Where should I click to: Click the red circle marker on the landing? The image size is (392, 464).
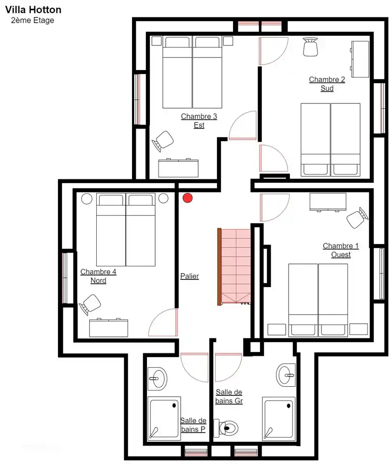point(188,197)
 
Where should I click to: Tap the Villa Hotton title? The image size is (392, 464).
point(33,10)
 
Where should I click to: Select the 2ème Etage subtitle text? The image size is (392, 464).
point(32,20)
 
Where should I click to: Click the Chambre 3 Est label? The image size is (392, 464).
point(199,121)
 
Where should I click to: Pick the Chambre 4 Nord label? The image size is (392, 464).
point(98,276)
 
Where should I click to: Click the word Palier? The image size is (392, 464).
point(189,276)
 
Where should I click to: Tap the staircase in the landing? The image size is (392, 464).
point(235,266)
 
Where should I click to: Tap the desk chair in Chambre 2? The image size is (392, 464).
point(310,46)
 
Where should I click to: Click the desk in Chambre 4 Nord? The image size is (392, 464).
point(109,328)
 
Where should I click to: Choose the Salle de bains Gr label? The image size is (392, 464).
point(229,397)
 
